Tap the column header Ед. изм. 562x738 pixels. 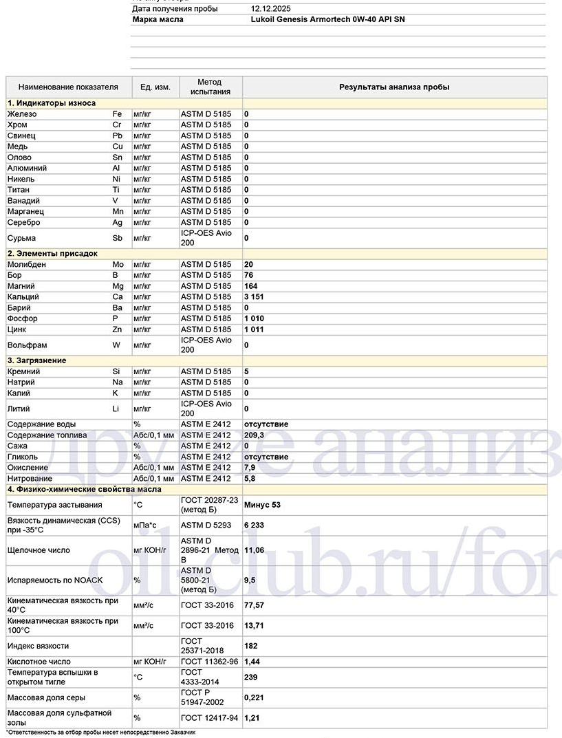coord(155,87)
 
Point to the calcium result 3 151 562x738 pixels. coord(254,297)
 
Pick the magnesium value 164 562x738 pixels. coord(251,286)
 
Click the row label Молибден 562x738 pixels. coord(27,264)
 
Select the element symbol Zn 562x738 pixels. coord(118,329)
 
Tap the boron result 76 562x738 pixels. coord(249,275)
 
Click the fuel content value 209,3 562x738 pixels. coord(255,435)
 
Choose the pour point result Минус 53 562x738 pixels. coord(262,504)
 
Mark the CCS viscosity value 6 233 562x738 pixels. coord(254,525)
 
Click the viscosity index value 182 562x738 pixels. coord(251,646)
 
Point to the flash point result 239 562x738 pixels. coord(251,677)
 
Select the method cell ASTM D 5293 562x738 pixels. coord(206,525)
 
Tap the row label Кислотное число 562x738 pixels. coord(39,662)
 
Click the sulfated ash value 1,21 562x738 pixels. coord(252,718)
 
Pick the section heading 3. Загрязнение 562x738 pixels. coord(37,360)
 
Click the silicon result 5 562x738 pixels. coord(246,371)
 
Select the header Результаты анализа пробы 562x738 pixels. coord(394,87)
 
